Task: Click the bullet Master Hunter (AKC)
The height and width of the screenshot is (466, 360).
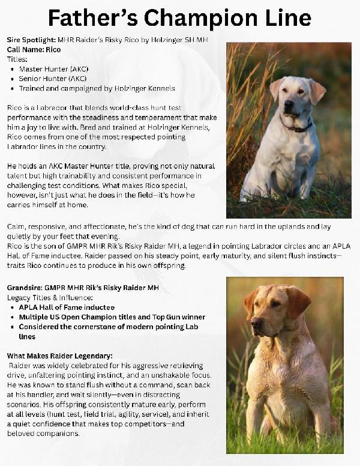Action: click(53, 69)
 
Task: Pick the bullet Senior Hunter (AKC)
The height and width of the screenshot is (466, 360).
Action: click(53, 79)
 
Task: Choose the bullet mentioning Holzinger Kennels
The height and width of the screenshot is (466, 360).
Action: click(87, 88)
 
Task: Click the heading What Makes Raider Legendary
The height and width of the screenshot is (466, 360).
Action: click(59, 356)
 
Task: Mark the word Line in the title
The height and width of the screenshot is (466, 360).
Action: click(284, 19)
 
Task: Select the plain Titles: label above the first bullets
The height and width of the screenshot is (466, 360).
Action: click(17, 59)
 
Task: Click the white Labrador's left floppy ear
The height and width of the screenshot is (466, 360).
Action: click(277, 89)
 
